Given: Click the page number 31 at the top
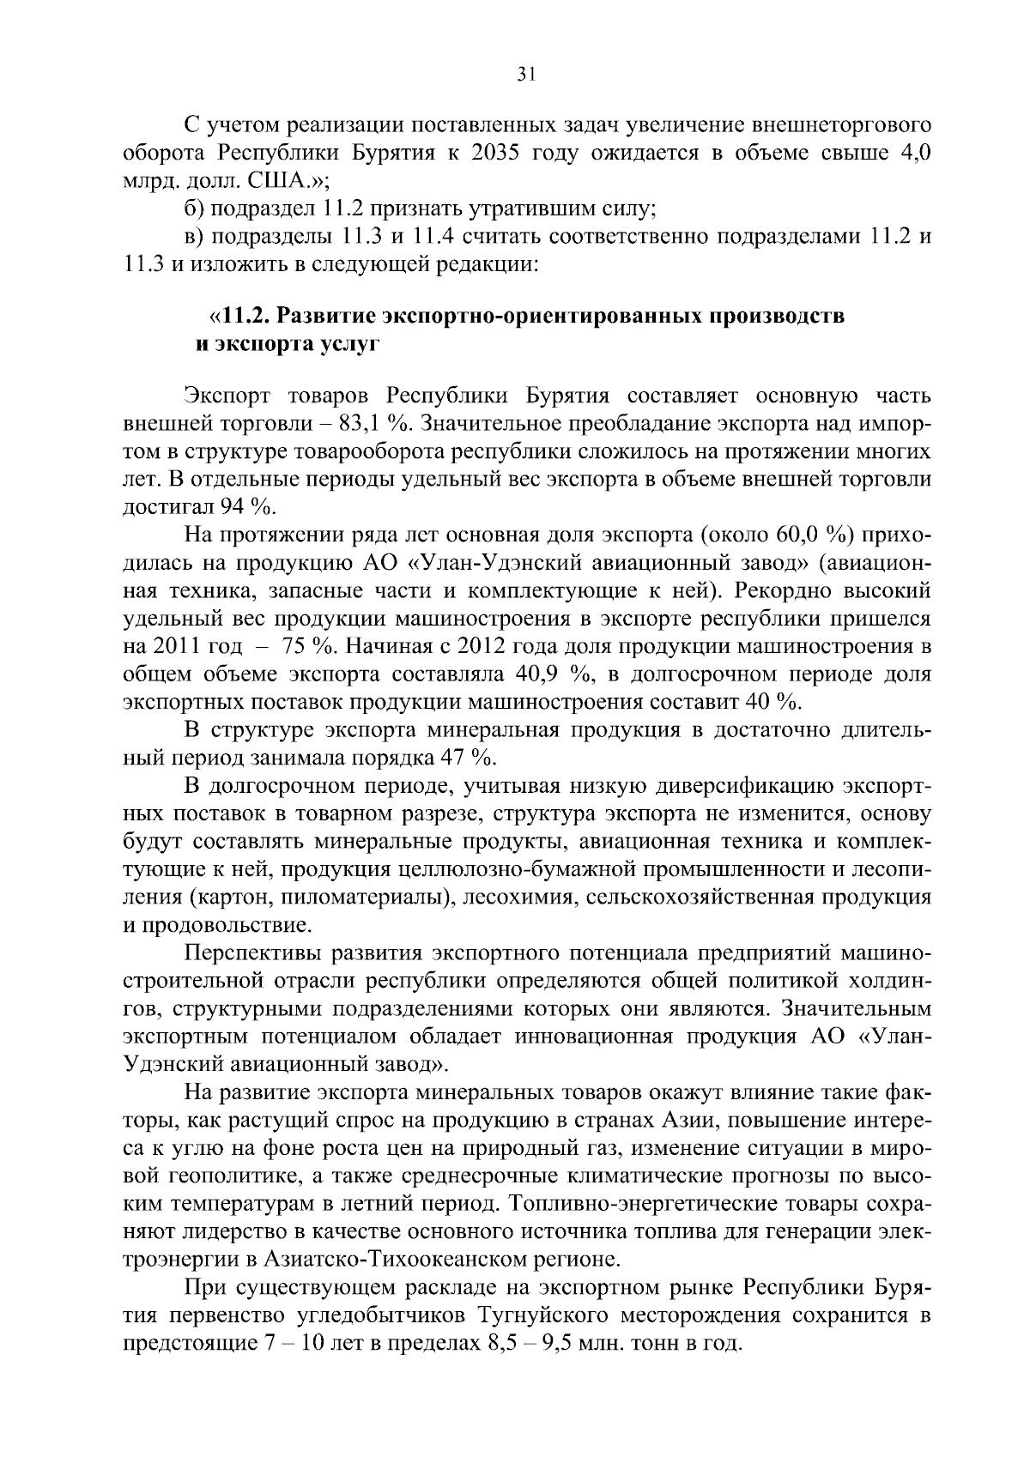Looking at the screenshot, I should [x=526, y=75].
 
